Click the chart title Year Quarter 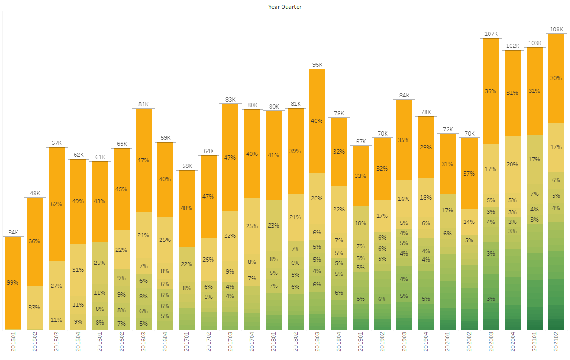pyautogui.click(x=285, y=7)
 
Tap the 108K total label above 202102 pyautogui.click(x=556, y=29)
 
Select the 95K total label pyautogui.click(x=317, y=65)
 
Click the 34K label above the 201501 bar pyautogui.click(x=13, y=233)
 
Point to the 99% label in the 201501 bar pyautogui.click(x=13, y=282)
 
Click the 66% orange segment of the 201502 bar pyautogui.click(x=35, y=241)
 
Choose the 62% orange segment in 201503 pyautogui.click(x=56, y=204)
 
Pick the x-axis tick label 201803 pyautogui.click(x=317, y=344)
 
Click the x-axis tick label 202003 pyautogui.click(x=491, y=344)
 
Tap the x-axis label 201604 pyautogui.click(x=166, y=344)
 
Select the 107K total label pyautogui.click(x=491, y=34)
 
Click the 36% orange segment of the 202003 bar pyautogui.click(x=491, y=91)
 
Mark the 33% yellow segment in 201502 pyautogui.click(x=35, y=307)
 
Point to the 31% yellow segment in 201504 pyautogui.click(x=78, y=269)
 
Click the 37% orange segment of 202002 pyautogui.click(x=469, y=173)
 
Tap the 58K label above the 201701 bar pyautogui.click(x=187, y=166)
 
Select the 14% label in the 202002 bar pyautogui.click(x=469, y=222)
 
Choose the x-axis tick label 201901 pyautogui.click(x=361, y=344)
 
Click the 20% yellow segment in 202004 pyautogui.click(x=512, y=164)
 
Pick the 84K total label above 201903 pyautogui.click(x=404, y=96)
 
